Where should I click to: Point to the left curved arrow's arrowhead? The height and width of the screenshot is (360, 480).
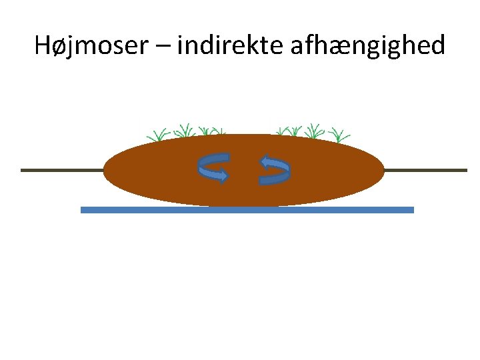click(x=223, y=177)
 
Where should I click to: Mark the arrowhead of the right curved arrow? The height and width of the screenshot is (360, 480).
click(x=265, y=161)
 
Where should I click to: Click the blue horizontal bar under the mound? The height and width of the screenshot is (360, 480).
click(x=247, y=209)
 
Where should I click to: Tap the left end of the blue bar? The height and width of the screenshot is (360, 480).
click(x=83, y=209)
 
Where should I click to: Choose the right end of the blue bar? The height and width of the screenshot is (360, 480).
click(x=411, y=209)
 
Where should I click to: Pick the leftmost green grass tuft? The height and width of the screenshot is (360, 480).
click(x=159, y=134)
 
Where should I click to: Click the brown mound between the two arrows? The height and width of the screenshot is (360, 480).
click(x=245, y=170)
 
